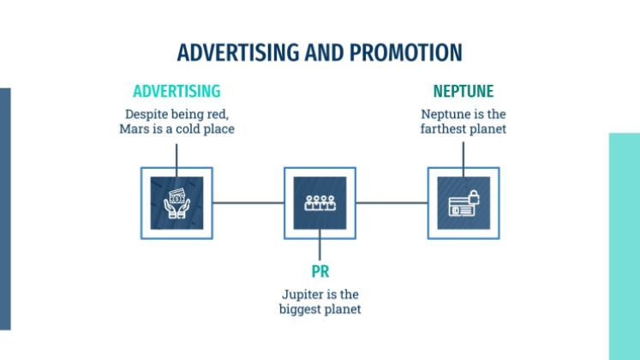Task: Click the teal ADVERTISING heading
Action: [176, 91]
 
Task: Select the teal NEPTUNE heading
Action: [464, 91]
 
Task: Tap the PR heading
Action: [320, 273]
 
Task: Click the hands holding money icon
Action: [176, 203]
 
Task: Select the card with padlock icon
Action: [464, 203]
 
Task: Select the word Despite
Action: [147, 114]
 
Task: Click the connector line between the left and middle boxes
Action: [248, 203]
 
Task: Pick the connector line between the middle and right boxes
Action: [392, 203]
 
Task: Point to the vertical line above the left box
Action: [176, 154]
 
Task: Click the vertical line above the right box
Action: [464, 154]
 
